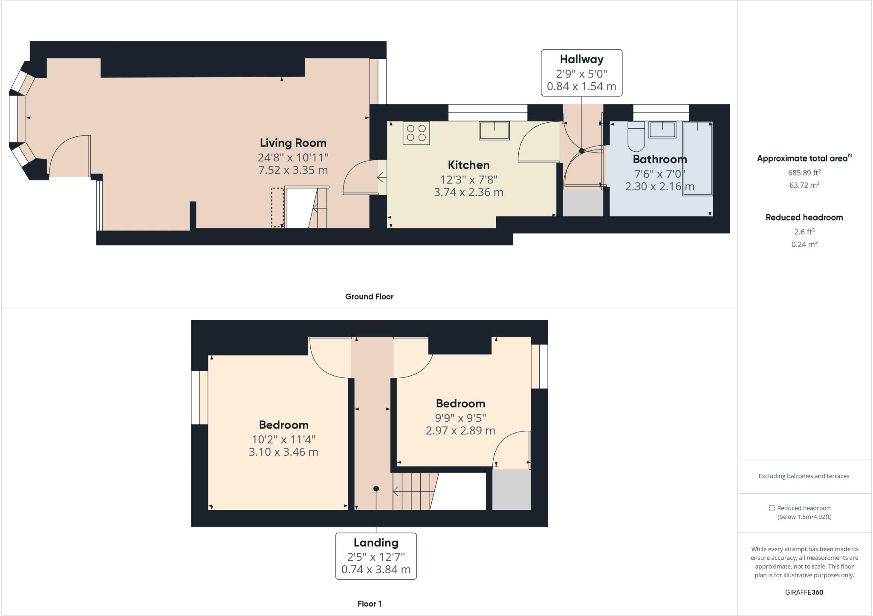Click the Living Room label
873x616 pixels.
coord(293,143)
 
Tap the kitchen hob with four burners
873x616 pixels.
coord(416,132)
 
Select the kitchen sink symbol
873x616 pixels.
coord(494,130)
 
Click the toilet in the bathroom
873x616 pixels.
coord(636,137)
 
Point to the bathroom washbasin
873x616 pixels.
coord(662,130)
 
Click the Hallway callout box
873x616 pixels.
coord(581,73)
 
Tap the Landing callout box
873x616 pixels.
coord(376,556)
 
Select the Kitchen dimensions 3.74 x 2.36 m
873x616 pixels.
coord(468,192)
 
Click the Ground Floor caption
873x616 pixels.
coord(369,296)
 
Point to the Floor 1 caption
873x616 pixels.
coord(369,604)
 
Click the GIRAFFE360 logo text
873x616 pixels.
coord(804,592)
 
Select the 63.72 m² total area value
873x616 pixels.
coord(804,185)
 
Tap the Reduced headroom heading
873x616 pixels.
coord(804,218)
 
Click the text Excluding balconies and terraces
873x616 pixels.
coord(804,476)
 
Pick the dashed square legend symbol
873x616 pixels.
coord(772,508)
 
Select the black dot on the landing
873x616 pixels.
coord(376,489)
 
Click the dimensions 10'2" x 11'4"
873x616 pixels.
coord(283,439)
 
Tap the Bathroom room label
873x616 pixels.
coord(659,159)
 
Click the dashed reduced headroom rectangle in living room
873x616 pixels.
coord(278,207)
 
